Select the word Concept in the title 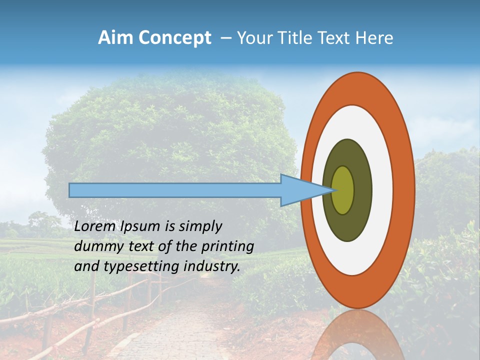tap(175, 38)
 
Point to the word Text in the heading tap(333, 38)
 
